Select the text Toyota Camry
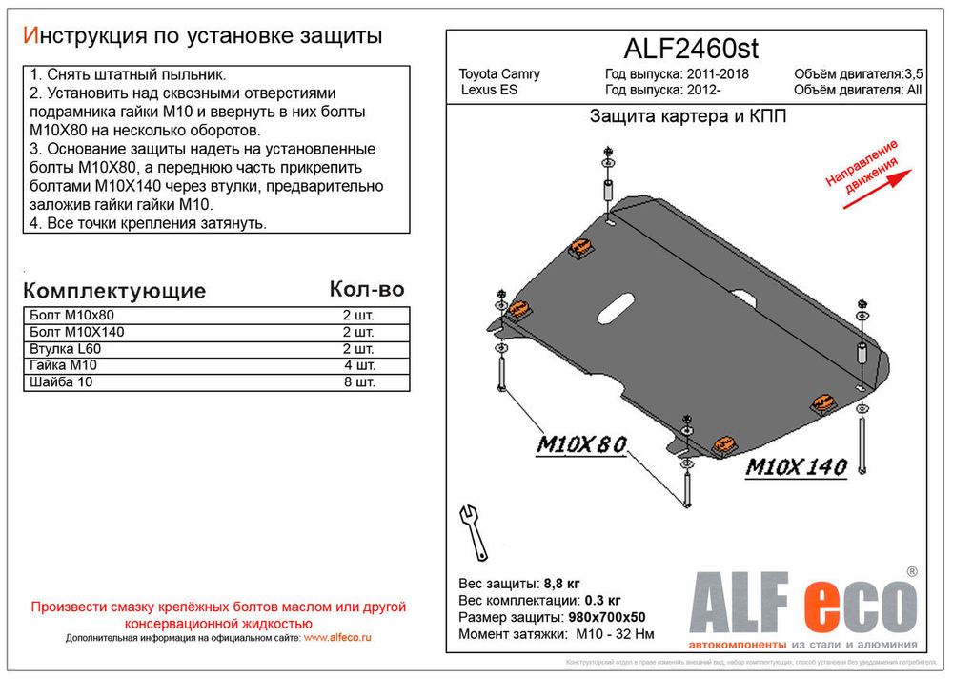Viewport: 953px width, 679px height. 499,74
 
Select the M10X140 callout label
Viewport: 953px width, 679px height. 795,468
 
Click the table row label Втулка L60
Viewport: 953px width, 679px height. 66,349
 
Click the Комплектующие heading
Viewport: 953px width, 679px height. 113,291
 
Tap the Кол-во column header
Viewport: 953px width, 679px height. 366,289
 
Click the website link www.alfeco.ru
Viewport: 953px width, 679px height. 337,637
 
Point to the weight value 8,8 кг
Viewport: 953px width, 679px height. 561,583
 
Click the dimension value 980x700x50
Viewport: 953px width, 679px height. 607,617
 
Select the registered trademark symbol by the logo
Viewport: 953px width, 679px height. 911,571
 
